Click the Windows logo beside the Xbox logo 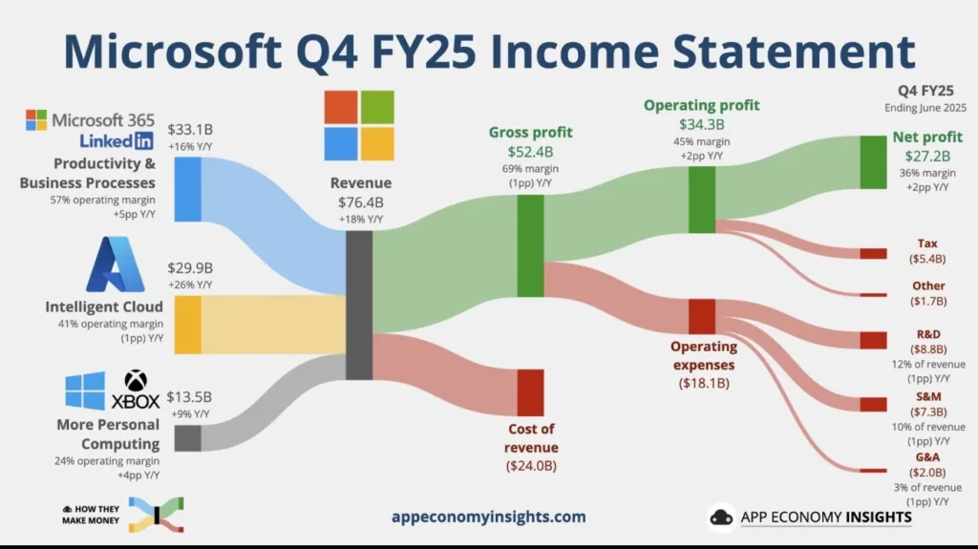click(x=85, y=391)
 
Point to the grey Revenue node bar click(x=358, y=305)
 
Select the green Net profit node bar click(x=873, y=162)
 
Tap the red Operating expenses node click(x=702, y=316)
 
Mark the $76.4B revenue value click(x=360, y=202)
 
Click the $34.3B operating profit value click(x=702, y=124)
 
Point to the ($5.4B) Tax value click(x=926, y=259)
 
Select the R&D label click(x=926, y=335)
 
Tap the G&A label click(x=926, y=457)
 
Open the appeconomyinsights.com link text click(x=488, y=517)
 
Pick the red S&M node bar click(x=873, y=404)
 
